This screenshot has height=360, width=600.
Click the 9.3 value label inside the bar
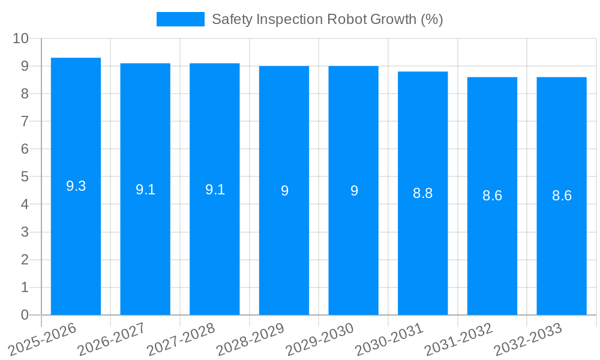[x=76, y=186]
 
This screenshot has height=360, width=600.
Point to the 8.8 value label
[x=422, y=193]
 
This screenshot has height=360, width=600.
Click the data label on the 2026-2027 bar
[x=145, y=190]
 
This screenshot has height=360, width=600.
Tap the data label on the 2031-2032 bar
[x=492, y=196]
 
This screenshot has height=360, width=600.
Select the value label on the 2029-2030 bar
[x=354, y=191]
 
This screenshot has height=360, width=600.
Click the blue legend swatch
[x=180, y=19]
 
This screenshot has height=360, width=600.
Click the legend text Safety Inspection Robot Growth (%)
[x=327, y=19]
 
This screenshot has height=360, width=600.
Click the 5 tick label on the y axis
[x=25, y=176]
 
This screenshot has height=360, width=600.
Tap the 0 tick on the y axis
[x=25, y=315]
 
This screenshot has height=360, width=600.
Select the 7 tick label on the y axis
[x=25, y=121]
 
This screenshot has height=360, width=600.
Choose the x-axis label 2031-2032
[x=458, y=340]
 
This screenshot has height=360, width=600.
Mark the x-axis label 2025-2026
[x=42, y=340]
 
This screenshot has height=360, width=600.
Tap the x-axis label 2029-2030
[x=320, y=340]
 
